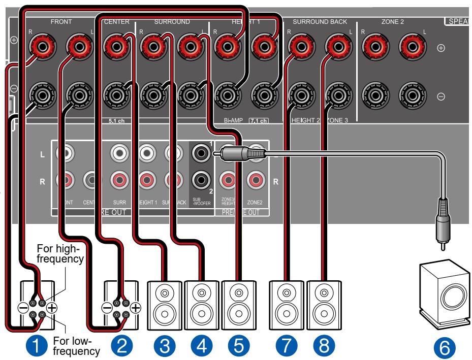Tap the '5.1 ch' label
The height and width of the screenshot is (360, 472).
(x=115, y=121)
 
